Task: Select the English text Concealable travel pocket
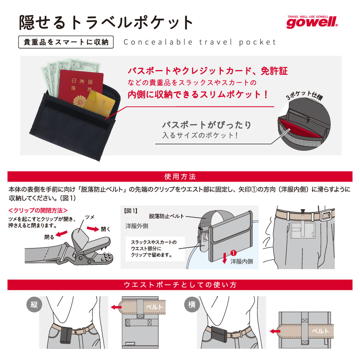tap(200, 42)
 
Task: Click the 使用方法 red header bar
tap(180, 176)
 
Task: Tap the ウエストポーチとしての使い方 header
tap(180, 284)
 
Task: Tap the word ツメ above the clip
tap(90, 216)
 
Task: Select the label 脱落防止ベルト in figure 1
tap(166, 216)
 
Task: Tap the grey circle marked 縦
tap(33, 304)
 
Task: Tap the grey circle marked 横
tap(191, 304)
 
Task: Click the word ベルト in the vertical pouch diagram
tap(154, 307)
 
